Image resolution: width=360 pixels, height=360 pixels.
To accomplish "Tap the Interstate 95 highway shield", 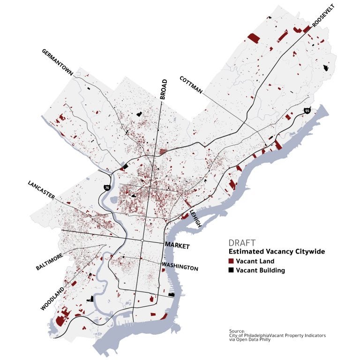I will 307,111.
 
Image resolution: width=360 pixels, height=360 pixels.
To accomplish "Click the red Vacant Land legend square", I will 231,261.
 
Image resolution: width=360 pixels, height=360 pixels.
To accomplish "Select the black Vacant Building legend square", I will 231,270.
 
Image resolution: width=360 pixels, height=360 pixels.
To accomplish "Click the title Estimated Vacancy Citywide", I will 277,252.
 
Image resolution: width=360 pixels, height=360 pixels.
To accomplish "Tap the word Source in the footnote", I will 237,330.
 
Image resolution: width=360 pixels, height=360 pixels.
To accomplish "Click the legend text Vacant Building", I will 260,270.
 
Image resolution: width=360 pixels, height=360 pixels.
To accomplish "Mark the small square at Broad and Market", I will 142,240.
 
